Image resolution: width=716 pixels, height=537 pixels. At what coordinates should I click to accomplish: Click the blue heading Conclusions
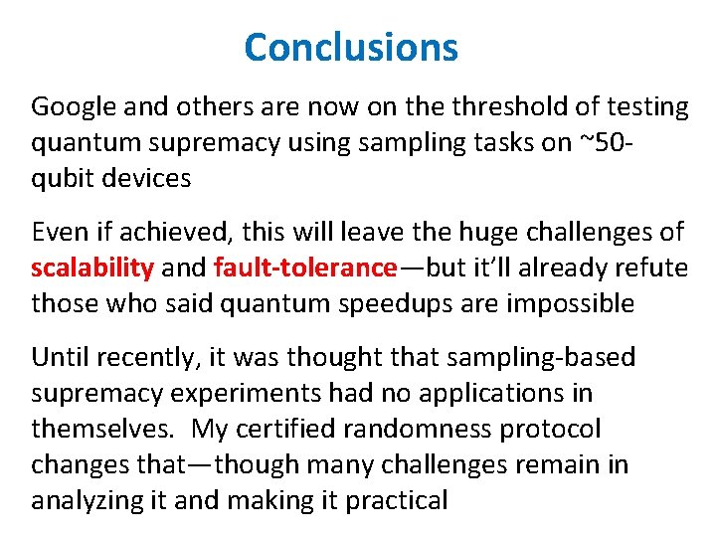tap(351, 47)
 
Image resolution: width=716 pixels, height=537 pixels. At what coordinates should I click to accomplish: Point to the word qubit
tap(60, 180)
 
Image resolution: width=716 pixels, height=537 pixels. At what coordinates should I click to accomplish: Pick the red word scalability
tap(92, 268)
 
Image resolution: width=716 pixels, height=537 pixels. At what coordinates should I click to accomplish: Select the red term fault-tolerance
tap(303, 268)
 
